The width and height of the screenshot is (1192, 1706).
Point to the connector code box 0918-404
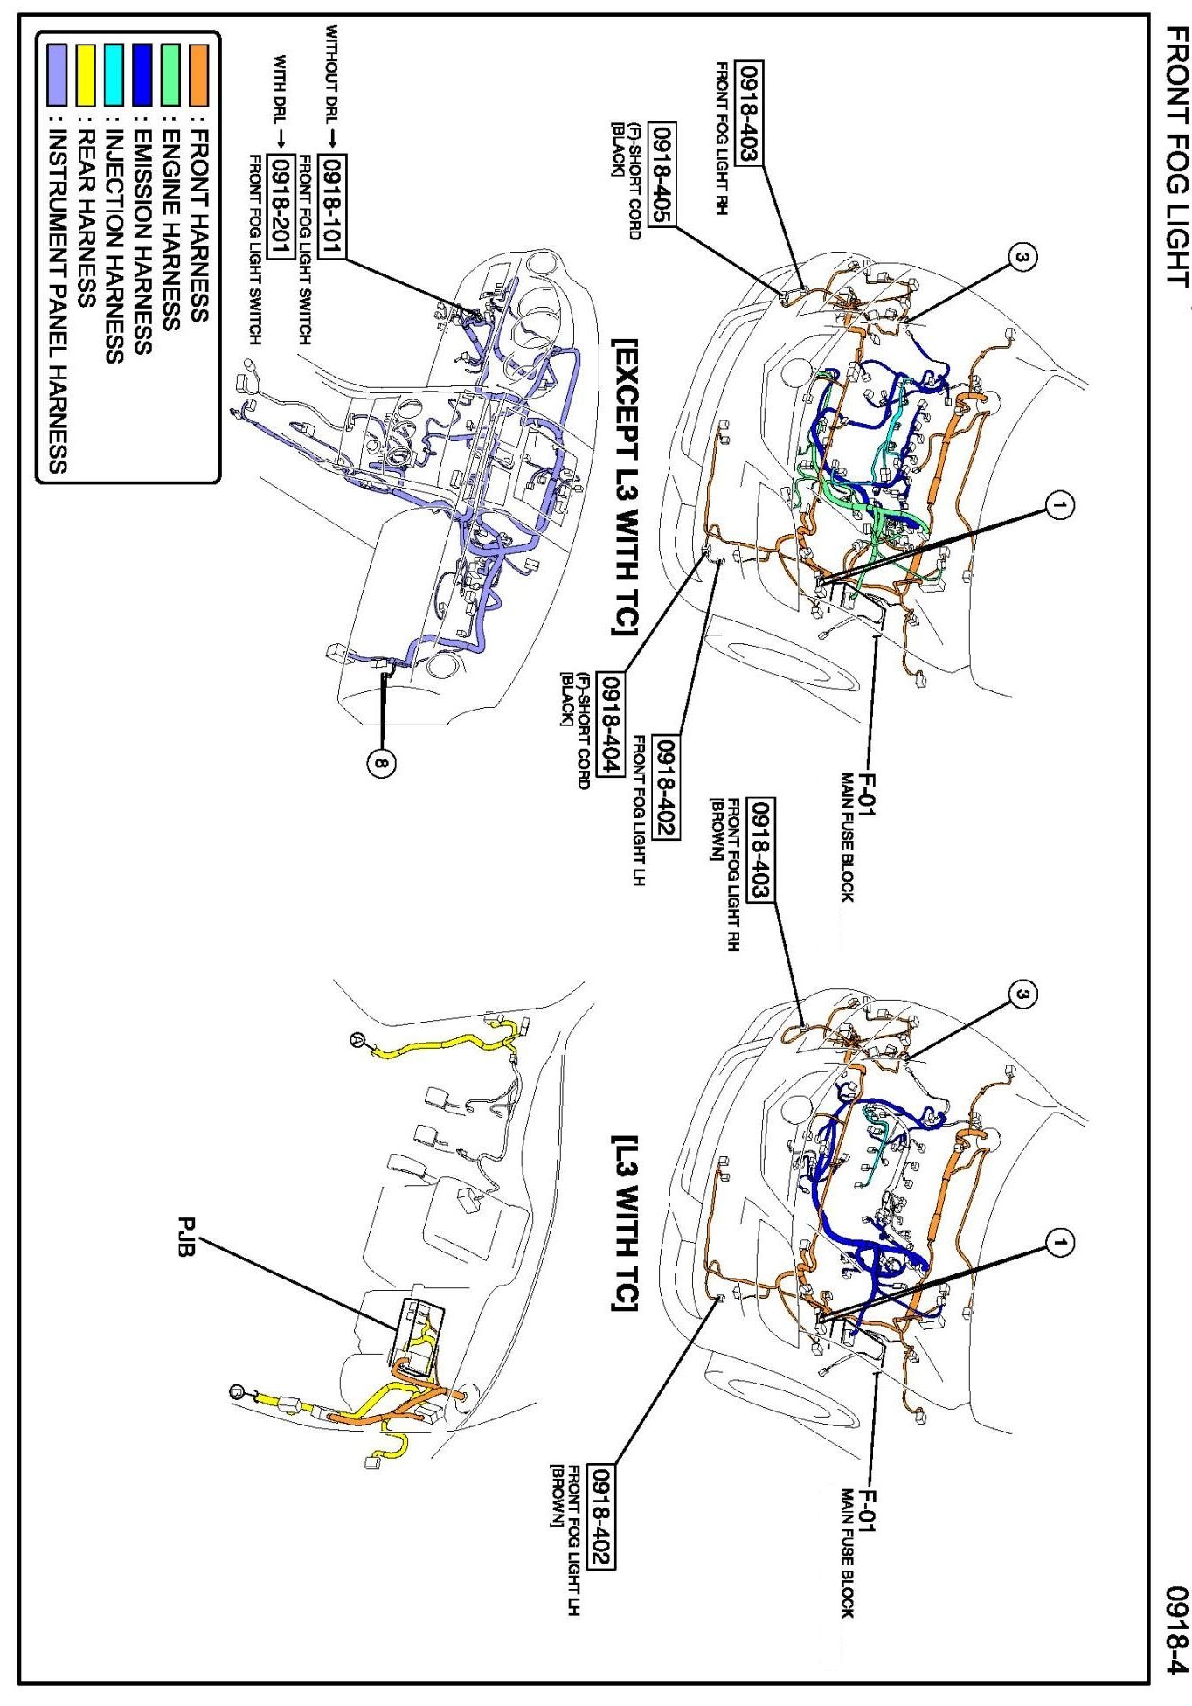coord(609,725)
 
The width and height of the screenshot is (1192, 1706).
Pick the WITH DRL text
coord(281,87)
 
